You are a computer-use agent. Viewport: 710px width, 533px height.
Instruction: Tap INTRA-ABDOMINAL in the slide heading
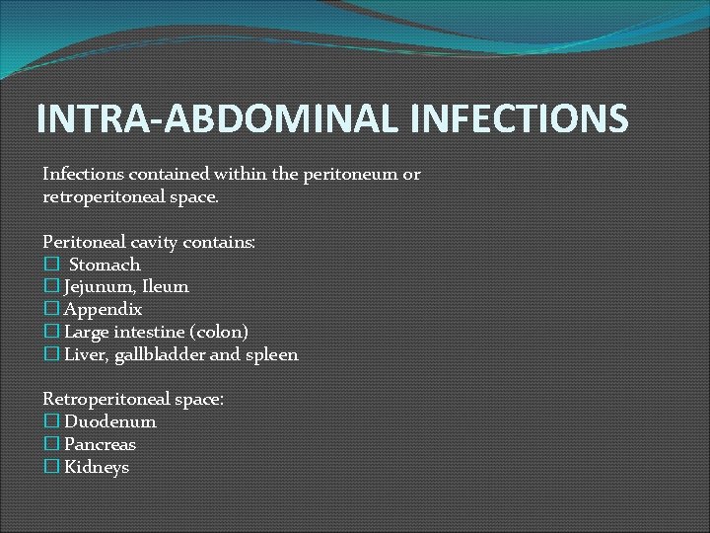pos(217,118)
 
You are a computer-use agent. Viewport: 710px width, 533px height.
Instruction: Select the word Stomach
pos(105,265)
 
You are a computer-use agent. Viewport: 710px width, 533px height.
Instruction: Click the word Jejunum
pos(95,287)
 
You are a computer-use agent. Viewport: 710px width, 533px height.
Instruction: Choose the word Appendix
pos(103,309)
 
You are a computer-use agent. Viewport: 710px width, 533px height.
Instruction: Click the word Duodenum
pos(110,421)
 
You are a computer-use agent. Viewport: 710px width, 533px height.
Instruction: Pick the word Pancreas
pos(100,444)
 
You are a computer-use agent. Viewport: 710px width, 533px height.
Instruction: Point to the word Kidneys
pos(97,467)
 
